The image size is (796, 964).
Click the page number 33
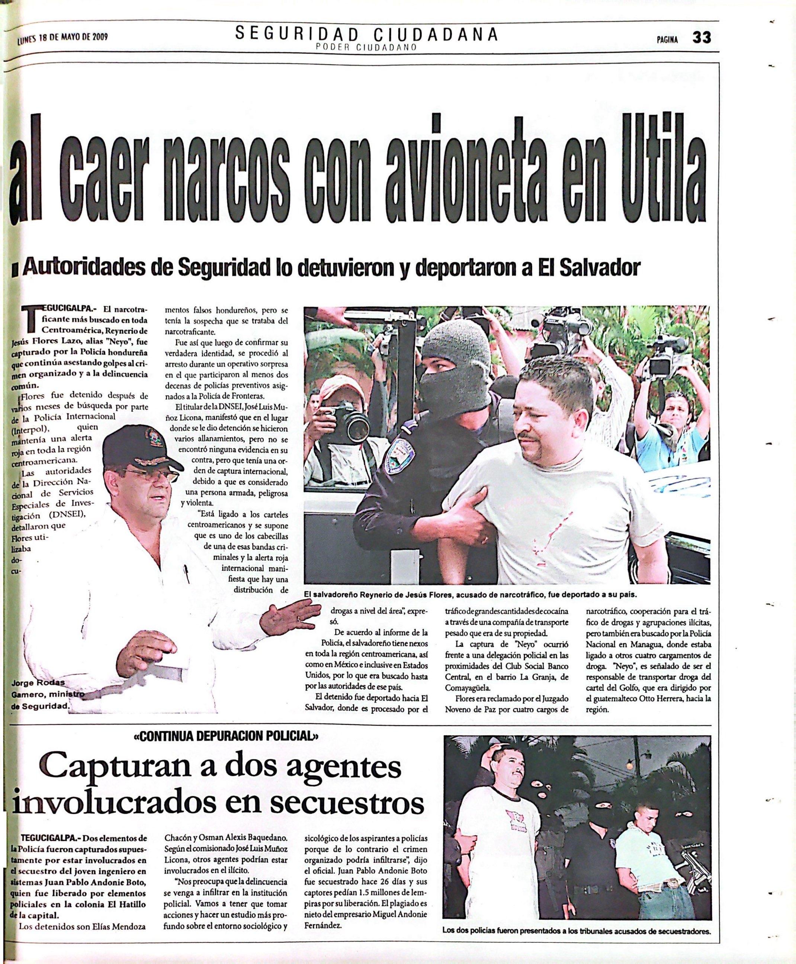click(702, 38)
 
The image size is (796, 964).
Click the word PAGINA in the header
click(667, 39)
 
